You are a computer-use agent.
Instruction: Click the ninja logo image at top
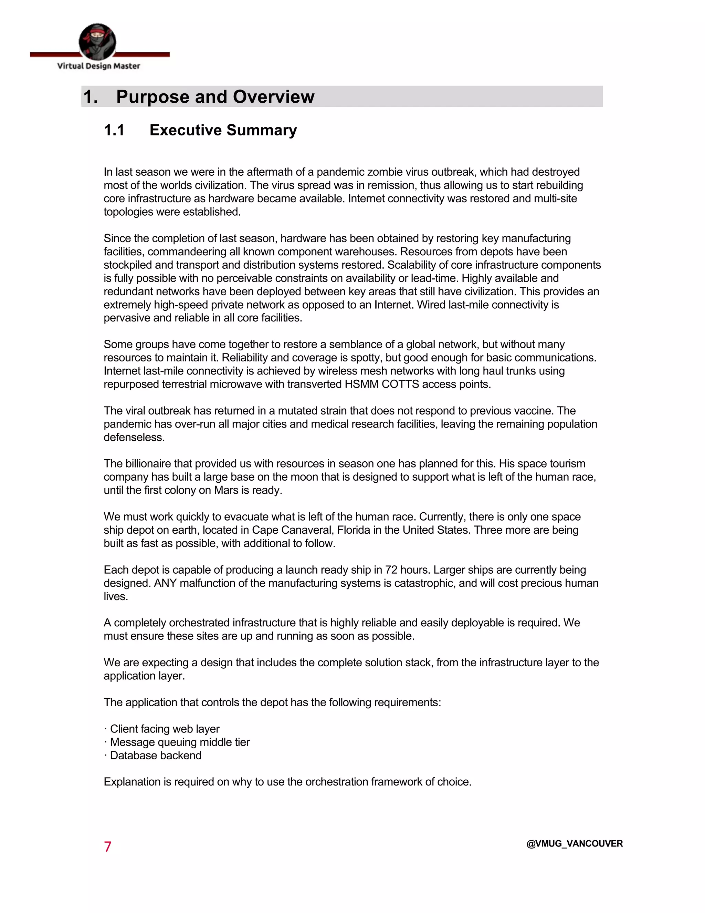97,41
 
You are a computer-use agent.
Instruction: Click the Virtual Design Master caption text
98,66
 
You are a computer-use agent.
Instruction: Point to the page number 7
107,847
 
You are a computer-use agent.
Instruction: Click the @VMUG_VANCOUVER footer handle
574,844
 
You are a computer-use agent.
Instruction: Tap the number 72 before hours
391,570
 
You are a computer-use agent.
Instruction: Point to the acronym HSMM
361,384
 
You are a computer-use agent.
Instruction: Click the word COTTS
400,384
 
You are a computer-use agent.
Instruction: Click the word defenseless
134,437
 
